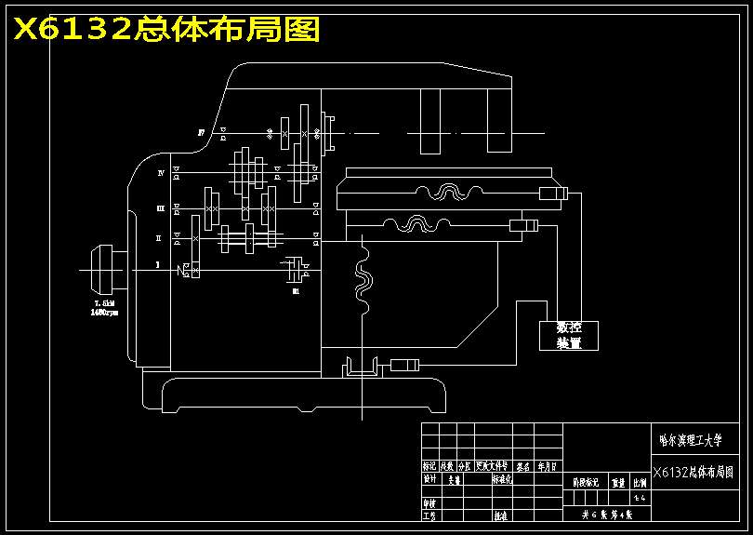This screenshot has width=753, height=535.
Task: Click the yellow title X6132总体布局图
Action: tap(165, 30)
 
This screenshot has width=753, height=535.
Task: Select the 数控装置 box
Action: tap(568, 335)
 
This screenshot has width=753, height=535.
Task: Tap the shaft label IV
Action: tap(161, 173)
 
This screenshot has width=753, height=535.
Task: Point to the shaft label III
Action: tap(160, 208)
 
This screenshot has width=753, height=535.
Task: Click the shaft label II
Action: tap(159, 238)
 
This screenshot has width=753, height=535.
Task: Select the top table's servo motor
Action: tap(552, 194)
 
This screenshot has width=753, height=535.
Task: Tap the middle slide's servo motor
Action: tap(524, 226)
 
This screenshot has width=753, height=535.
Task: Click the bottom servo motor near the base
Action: tap(405, 365)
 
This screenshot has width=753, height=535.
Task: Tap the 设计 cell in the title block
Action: tap(429, 479)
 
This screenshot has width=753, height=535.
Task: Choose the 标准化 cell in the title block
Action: tap(503, 479)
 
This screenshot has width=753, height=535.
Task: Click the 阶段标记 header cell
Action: tap(586, 483)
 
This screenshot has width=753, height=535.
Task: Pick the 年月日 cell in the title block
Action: tap(548, 466)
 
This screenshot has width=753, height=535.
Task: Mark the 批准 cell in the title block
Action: tap(500, 515)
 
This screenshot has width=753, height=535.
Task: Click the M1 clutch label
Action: tap(296, 291)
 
